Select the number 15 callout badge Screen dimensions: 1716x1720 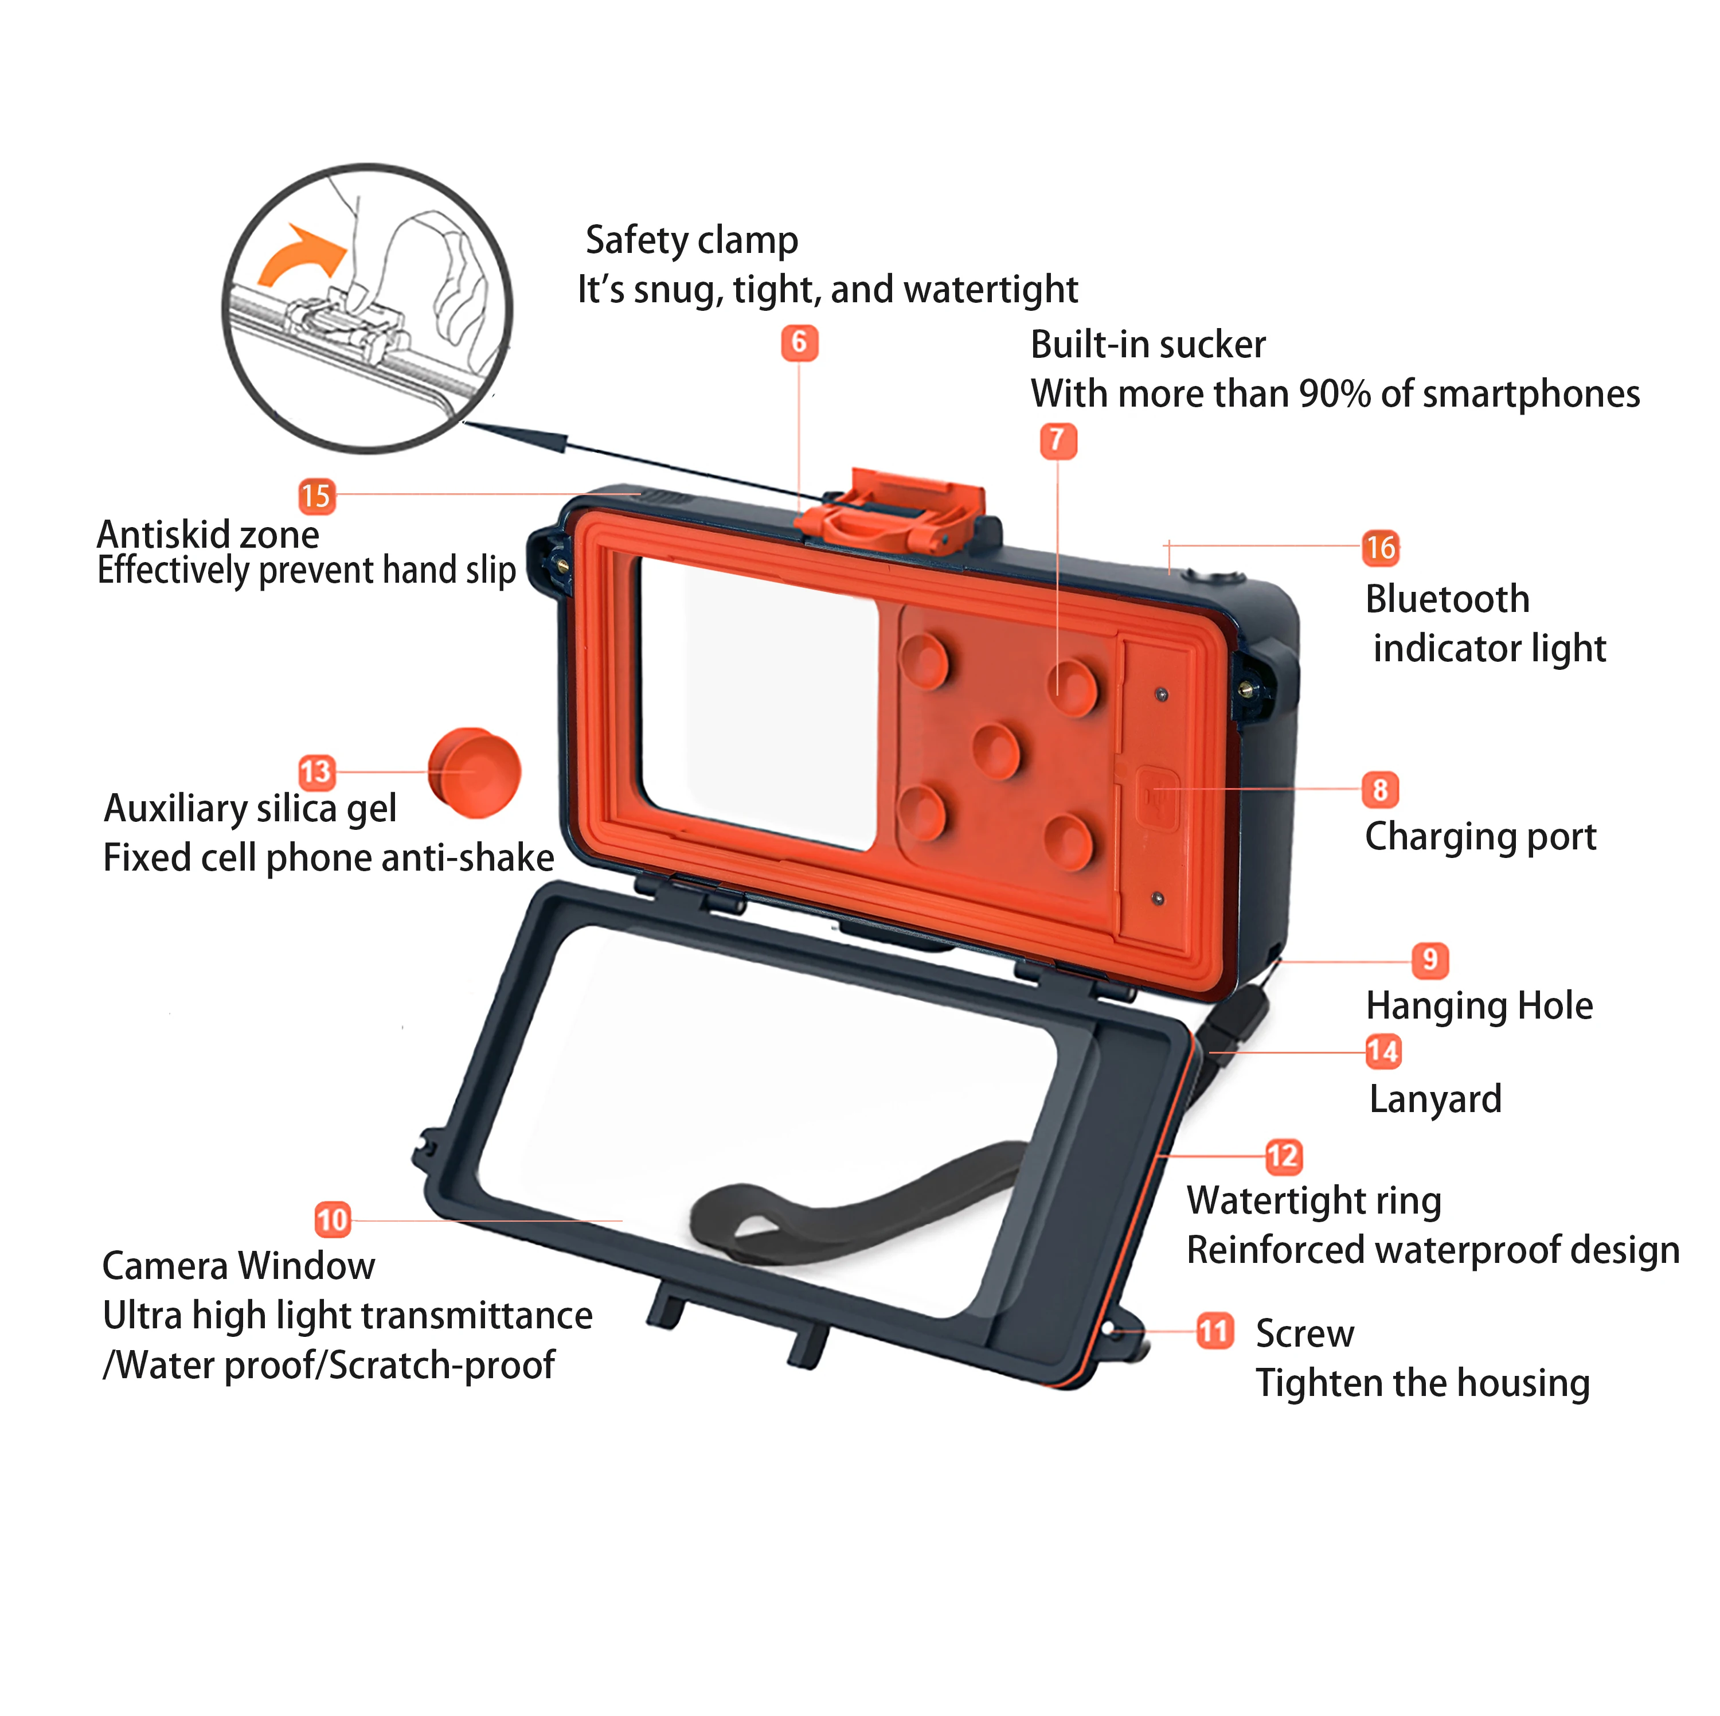[x=316, y=496]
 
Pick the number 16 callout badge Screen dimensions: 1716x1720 [x=1380, y=548]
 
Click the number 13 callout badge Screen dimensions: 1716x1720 [x=316, y=772]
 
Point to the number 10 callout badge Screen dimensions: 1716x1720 [x=332, y=1219]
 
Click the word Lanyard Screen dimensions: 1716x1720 [x=1435, y=1099]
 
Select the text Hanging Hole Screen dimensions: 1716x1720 [x=1479, y=1005]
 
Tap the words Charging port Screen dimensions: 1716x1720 [x=1480, y=836]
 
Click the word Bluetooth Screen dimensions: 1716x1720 [x=1447, y=599]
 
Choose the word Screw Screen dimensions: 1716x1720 [x=1304, y=1333]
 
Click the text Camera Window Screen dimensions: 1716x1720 [x=239, y=1265]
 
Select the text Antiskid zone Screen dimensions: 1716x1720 [x=208, y=535]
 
